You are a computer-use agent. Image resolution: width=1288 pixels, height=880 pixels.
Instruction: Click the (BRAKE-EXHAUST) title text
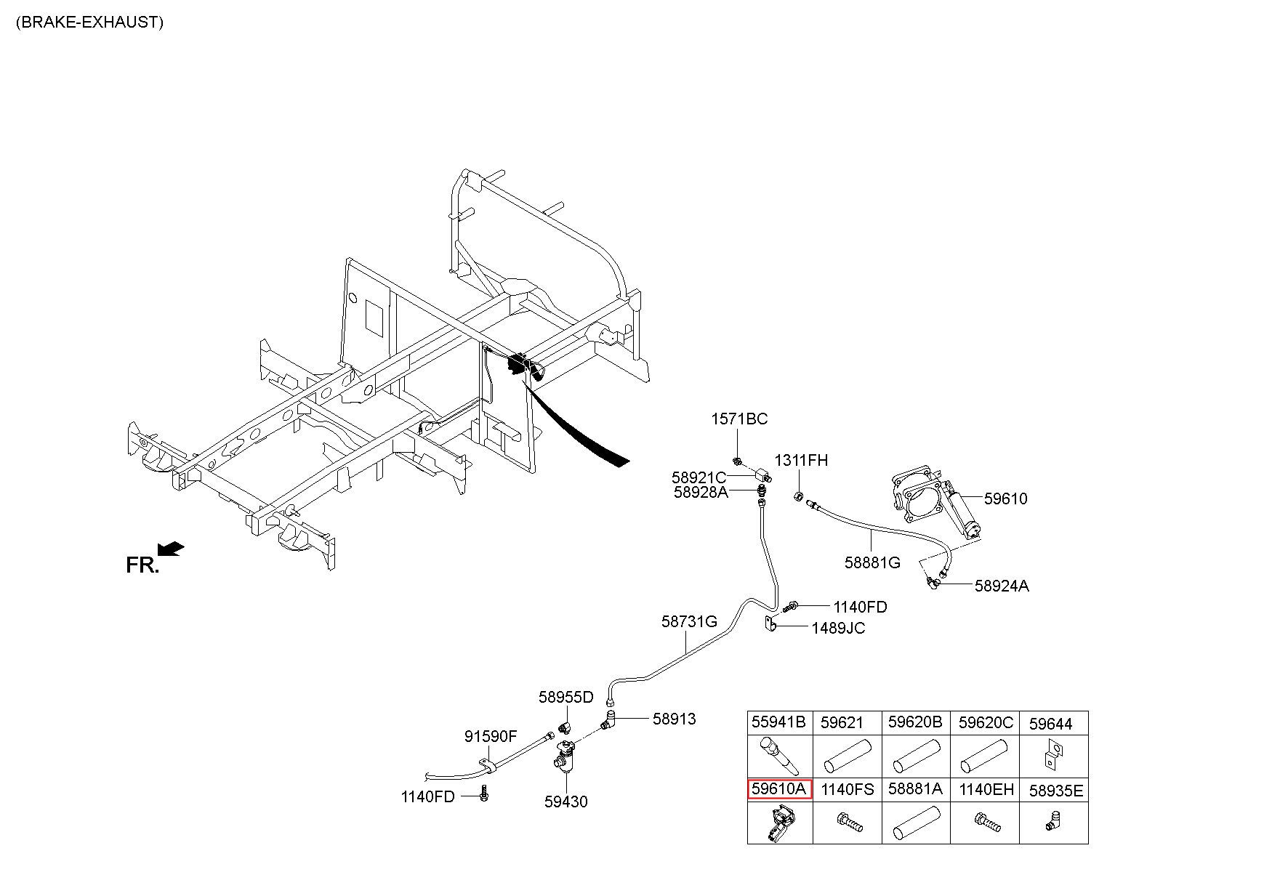89,22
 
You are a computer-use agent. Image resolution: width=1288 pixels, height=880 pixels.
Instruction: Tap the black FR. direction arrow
171,549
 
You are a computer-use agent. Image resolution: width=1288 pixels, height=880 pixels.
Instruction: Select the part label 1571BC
739,419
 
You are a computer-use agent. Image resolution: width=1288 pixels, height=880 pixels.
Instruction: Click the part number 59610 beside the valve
1006,498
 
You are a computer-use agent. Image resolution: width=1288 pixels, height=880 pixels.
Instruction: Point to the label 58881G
872,562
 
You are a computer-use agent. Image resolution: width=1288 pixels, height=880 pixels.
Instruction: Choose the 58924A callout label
1002,586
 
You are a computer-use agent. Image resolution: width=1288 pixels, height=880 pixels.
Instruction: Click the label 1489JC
839,628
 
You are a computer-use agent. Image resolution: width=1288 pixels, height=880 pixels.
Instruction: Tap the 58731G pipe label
689,622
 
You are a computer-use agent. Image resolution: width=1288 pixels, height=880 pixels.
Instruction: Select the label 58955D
566,698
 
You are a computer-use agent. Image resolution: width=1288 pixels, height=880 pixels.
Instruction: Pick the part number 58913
674,719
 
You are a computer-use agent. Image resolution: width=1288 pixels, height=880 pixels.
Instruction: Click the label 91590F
491,737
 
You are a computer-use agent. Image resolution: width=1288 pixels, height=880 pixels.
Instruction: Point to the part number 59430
566,802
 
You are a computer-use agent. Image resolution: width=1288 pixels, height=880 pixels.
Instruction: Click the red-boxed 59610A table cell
779,790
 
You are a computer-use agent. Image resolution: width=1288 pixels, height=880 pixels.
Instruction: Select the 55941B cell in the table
779,723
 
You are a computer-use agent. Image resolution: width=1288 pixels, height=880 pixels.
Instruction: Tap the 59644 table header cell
1053,723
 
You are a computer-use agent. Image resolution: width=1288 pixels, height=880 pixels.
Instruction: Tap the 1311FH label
801,461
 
